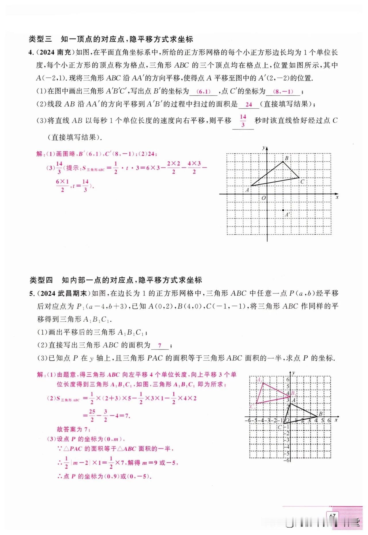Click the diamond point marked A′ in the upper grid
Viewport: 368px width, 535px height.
[x=283, y=210]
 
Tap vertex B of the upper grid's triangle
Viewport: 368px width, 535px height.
[x=283, y=162]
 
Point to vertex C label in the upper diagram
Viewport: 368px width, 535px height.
[x=302, y=182]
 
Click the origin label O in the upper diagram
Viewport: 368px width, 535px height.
[x=263, y=198]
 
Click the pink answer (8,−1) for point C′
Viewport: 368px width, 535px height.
[x=283, y=92]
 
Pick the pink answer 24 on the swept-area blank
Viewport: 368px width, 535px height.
[x=249, y=105]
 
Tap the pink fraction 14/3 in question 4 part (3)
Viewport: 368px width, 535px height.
[x=243, y=121]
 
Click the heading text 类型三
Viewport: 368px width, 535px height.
[x=40, y=39]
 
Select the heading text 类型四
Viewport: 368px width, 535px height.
[x=41, y=280]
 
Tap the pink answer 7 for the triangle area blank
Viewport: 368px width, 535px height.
[x=160, y=346]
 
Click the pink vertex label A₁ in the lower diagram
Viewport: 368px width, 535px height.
[x=259, y=380]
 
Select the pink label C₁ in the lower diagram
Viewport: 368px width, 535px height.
[x=253, y=406]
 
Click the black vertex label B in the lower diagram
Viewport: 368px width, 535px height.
[x=321, y=414]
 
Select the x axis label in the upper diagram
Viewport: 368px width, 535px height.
[x=337, y=197]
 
